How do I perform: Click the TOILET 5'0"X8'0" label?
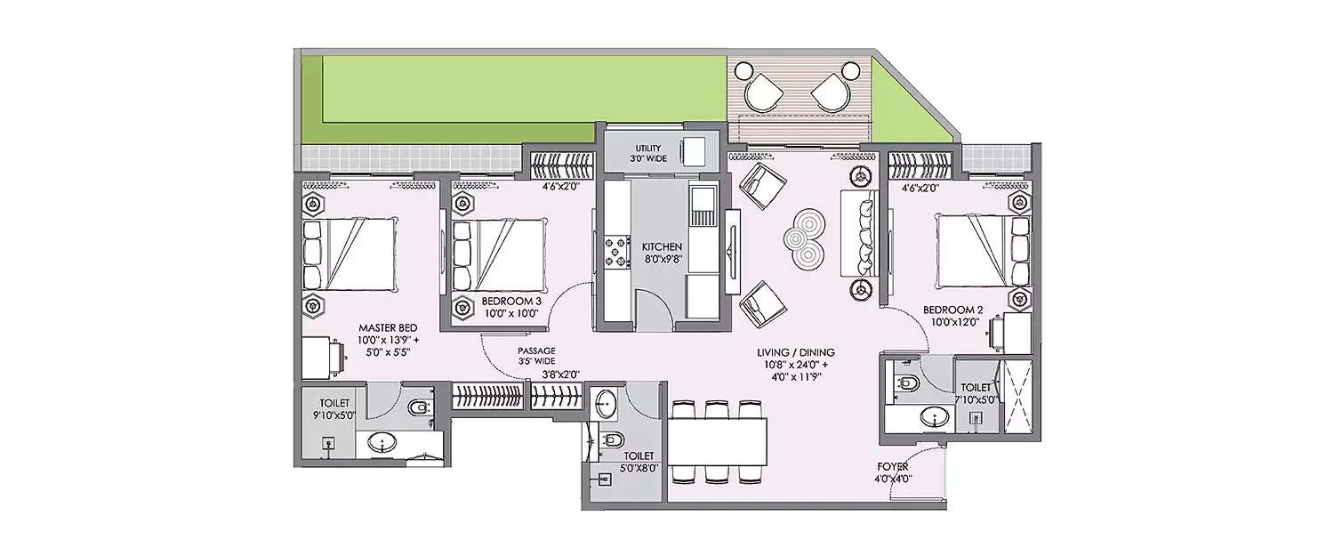click(639, 461)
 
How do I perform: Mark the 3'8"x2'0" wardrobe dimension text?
click(560, 375)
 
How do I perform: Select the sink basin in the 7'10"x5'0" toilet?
click(934, 416)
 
